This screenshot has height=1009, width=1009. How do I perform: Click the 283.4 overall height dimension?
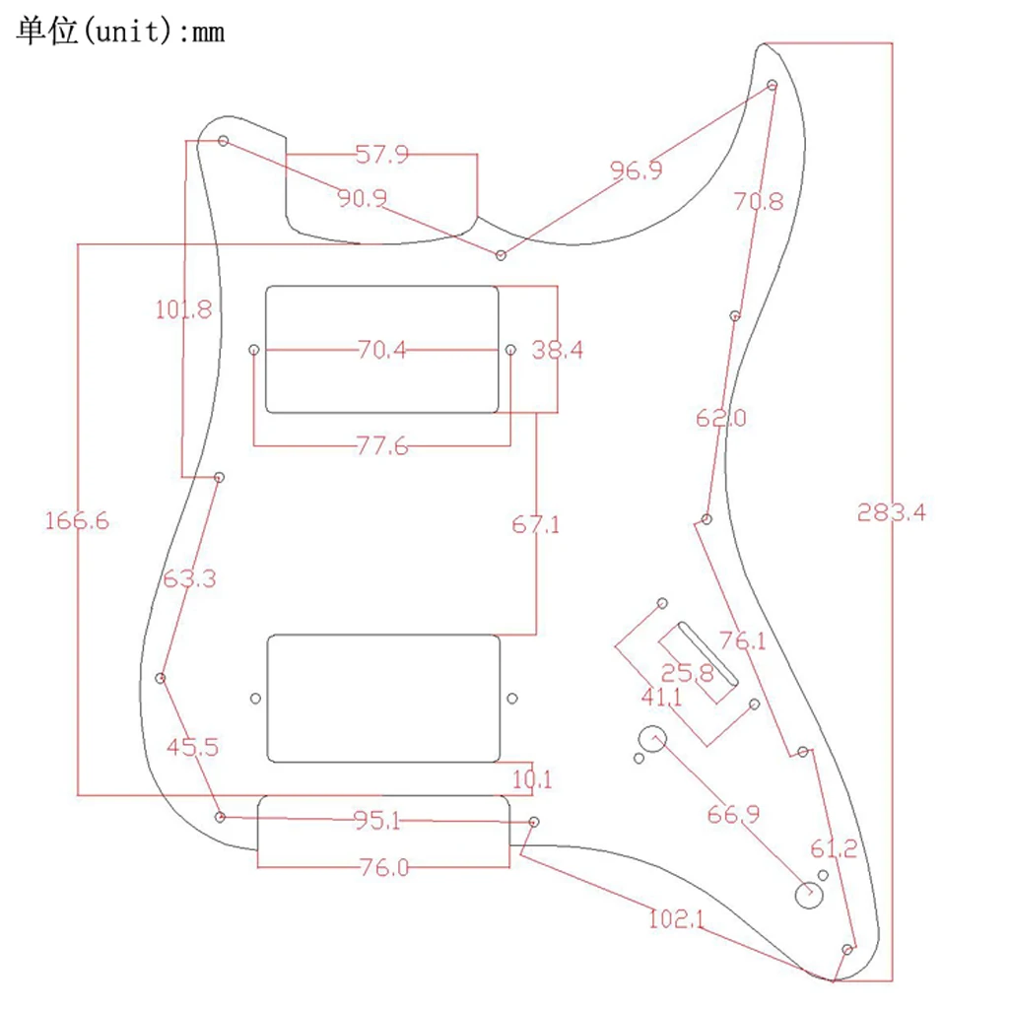click(891, 512)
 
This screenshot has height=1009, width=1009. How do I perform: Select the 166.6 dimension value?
click(77, 521)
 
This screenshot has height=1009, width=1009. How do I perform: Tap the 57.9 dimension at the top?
click(381, 155)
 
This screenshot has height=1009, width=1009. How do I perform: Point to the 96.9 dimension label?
click(637, 169)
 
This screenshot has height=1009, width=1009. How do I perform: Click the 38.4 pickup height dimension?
click(558, 349)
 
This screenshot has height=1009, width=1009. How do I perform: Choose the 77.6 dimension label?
click(381, 446)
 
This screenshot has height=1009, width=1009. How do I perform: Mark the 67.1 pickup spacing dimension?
click(535, 524)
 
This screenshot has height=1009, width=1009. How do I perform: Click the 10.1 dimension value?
click(532, 780)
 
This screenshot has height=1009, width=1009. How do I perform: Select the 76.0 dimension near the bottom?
click(382, 867)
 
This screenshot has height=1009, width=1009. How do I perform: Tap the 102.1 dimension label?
click(676, 919)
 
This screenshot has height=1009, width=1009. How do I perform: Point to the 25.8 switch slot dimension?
click(687, 674)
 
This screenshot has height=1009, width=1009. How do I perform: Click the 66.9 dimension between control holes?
click(733, 814)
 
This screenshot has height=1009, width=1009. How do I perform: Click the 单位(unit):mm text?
click(120, 32)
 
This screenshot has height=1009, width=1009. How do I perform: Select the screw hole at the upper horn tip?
click(773, 86)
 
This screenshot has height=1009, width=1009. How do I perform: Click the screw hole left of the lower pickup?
click(256, 699)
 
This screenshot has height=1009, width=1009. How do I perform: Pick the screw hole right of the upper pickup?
click(510, 350)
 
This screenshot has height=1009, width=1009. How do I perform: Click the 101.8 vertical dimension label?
click(183, 309)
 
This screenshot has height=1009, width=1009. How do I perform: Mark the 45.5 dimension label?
click(191, 747)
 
